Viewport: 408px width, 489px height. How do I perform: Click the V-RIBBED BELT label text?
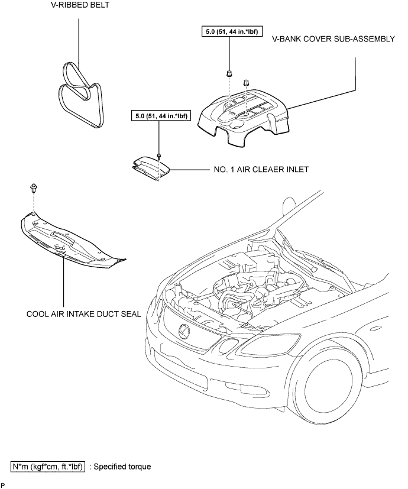(80, 5)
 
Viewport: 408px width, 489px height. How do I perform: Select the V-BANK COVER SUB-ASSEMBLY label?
(333, 39)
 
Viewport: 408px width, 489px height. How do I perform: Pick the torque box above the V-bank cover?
(232, 31)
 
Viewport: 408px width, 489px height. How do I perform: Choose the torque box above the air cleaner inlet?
(161, 116)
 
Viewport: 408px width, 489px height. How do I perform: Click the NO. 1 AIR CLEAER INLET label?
(261, 169)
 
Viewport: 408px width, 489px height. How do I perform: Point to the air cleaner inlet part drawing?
(151, 169)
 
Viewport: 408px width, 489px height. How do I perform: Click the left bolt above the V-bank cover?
(229, 73)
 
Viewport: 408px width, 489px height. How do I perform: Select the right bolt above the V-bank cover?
(246, 82)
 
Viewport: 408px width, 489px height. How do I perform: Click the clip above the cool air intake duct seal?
(33, 188)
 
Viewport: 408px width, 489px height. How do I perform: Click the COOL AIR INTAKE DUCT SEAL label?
(83, 314)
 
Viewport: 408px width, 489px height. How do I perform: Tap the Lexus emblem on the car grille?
(184, 331)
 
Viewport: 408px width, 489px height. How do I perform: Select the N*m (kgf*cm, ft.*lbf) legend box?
(48, 467)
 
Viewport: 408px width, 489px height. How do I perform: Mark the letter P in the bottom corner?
(3, 485)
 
